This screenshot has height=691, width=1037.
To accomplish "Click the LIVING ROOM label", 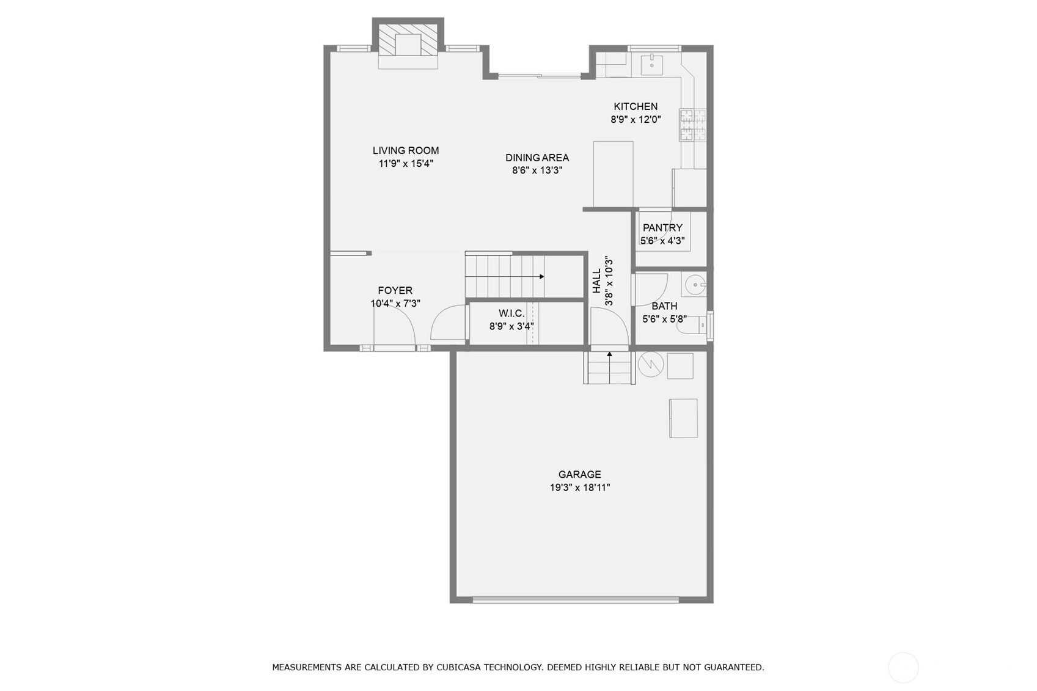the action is [406, 150].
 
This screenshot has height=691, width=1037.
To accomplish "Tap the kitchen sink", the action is [652, 65].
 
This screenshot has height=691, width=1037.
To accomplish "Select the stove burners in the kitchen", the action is [692, 125].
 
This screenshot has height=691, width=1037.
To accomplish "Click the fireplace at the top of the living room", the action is [408, 45].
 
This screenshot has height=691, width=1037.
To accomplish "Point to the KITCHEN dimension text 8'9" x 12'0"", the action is [635, 119].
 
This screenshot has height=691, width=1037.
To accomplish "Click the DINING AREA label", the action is [537, 158].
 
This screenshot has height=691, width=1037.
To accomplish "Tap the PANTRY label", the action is [662, 228].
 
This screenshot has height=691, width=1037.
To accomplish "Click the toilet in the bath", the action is [692, 325].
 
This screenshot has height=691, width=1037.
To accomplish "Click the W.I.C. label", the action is [511, 313].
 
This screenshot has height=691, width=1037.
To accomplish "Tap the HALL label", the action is [597, 281].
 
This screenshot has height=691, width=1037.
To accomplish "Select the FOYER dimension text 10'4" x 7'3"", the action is [395, 304].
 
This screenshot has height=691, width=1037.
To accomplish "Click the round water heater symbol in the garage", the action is [651, 364].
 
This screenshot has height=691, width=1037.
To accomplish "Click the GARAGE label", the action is [580, 474].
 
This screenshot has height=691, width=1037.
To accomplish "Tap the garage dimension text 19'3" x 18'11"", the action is [580, 488].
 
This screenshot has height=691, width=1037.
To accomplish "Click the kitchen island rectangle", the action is [614, 174].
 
